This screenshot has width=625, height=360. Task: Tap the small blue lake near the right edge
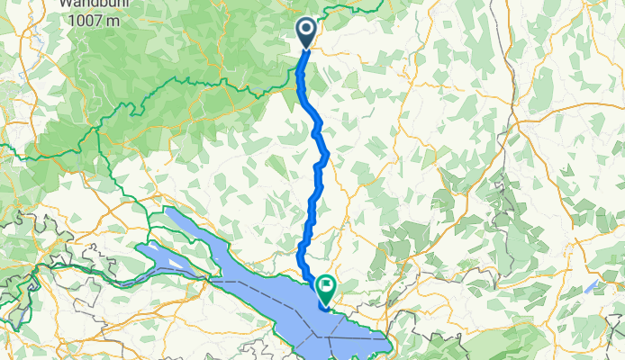pyautogui.click(x=591, y=287)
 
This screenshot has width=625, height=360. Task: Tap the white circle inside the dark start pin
pyautogui.click(x=306, y=30)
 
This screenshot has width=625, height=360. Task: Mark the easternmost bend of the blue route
pyautogui.click(x=327, y=156)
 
